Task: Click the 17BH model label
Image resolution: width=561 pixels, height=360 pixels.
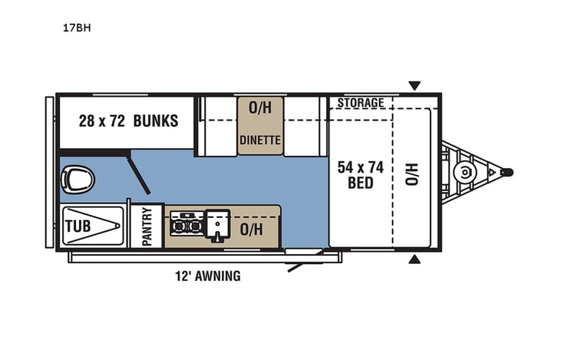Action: coord(73,28)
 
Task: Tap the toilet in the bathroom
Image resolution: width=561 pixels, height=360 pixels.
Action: coord(78,180)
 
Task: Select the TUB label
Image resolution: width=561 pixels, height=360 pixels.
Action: coord(78,226)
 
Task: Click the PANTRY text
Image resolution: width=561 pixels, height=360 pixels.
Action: coord(147,226)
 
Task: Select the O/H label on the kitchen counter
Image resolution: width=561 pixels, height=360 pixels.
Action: coord(251,228)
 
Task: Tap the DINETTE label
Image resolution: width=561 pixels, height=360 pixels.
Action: coord(260,140)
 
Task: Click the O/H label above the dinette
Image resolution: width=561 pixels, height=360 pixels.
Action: coord(260,108)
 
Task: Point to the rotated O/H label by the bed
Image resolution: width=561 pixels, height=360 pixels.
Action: coord(411,173)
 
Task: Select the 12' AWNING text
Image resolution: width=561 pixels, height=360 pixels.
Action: coord(206,276)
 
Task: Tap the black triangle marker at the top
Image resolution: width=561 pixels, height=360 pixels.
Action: coord(414,85)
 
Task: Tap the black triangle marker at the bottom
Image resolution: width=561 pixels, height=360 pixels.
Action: coord(414,259)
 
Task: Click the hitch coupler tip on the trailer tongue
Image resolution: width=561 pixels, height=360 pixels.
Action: coord(507,172)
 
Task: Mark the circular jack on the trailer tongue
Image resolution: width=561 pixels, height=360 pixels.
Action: coord(464,172)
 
